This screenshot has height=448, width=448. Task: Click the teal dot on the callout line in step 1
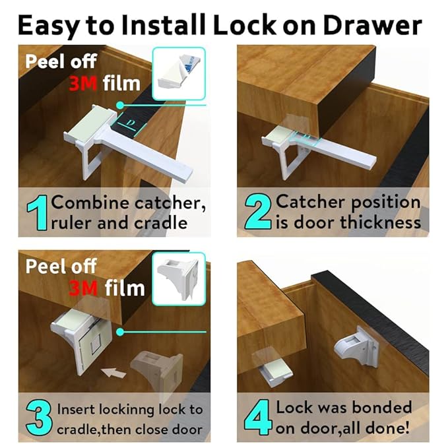click(x=119, y=104)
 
